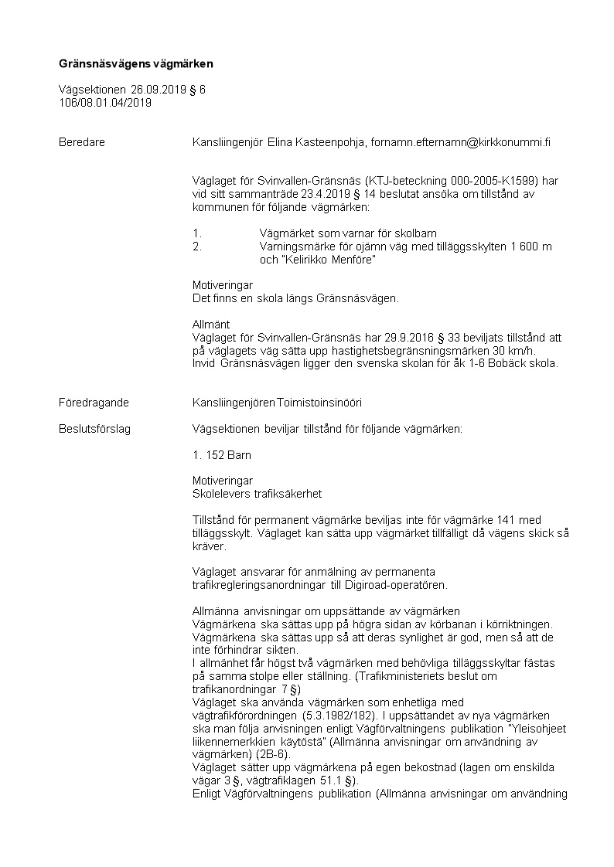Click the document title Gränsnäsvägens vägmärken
tap(135, 63)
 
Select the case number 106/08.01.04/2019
tap(105, 102)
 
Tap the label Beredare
tap(82, 142)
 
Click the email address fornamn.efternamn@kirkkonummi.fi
tap(461, 142)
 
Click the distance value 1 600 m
tap(531, 246)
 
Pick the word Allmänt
tap(211, 324)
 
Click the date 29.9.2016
tap(410, 337)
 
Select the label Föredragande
tap(94, 403)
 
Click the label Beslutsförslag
tap(95, 429)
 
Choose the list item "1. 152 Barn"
tap(221, 455)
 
